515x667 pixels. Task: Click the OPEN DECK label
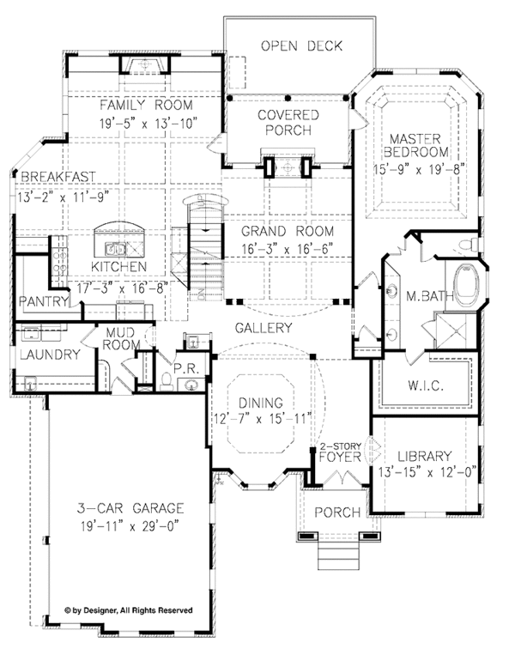(301, 46)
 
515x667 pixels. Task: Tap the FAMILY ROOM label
(146, 105)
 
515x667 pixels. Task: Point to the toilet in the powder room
(167, 381)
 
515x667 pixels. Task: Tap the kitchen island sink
(116, 248)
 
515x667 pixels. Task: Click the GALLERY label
(264, 328)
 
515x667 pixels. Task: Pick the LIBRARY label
(424, 457)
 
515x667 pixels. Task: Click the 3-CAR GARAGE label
(130, 508)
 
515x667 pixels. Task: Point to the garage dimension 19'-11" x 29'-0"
(130, 526)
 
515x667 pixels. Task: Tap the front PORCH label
(337, 512)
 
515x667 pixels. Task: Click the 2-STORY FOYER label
(340, 452)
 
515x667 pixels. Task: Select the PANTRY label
(44, 301)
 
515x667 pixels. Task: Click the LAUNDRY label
(50, 355)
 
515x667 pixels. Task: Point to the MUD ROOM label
(121, 338)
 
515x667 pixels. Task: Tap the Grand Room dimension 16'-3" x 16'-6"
(288, 248)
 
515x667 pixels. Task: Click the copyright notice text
(129, 610)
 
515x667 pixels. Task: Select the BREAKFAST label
(58, 177)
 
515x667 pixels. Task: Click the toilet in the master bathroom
(469, 245)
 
